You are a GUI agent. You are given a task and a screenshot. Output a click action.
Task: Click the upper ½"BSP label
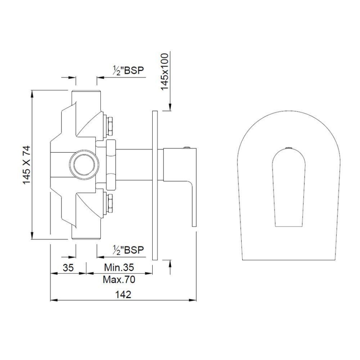click(128, 71)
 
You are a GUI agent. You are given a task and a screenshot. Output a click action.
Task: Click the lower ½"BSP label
click(128, 250)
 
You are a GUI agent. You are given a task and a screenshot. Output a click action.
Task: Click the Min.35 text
click(119, 267)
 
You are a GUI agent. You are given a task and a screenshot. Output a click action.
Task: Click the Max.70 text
click(119, 279)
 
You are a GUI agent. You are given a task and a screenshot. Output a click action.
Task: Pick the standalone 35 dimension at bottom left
click(68, 267)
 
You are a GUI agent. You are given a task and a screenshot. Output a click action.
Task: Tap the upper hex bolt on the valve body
click(110, 126)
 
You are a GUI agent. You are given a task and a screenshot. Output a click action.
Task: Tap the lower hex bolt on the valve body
click(110, 203)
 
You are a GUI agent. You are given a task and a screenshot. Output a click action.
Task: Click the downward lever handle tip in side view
click(194, 221)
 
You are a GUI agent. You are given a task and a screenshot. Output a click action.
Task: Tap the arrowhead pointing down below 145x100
click(170, 108)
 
